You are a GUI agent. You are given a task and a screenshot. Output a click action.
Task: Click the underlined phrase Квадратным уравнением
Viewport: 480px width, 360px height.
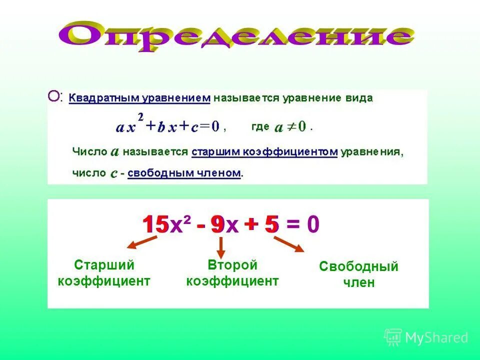tap(139, 98)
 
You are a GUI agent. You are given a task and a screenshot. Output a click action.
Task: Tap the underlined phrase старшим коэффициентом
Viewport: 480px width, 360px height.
tap(265, 151)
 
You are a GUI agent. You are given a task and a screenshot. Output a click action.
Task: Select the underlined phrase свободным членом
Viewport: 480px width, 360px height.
tap(184, 173)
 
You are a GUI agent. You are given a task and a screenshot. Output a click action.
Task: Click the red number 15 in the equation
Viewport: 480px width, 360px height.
tap(155, 225)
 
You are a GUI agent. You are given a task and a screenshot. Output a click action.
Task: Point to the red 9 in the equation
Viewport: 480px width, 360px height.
tap(217, 225)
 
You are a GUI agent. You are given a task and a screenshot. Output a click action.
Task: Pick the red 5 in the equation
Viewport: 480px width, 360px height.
tap(271, 225)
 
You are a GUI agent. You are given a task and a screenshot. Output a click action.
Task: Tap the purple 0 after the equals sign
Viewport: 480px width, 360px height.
tap(313, 225)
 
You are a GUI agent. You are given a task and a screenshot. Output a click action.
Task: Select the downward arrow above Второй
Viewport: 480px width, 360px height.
tap(221, 247)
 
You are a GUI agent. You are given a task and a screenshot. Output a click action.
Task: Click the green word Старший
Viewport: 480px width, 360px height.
tap(104, 264)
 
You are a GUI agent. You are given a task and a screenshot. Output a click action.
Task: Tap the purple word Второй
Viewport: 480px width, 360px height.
tap(232, 264)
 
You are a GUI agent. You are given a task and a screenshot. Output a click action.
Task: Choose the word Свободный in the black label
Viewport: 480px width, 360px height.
tap(358, 266)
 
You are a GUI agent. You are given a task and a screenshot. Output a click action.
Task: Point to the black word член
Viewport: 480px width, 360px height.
tap(358, 282)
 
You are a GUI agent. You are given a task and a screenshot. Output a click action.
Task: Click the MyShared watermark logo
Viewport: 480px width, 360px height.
tap(426, 337)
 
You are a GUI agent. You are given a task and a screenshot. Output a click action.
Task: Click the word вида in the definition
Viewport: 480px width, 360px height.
tap(358, 98)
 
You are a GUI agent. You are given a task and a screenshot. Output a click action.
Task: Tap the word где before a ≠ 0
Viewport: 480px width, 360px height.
tap(260, 126)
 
